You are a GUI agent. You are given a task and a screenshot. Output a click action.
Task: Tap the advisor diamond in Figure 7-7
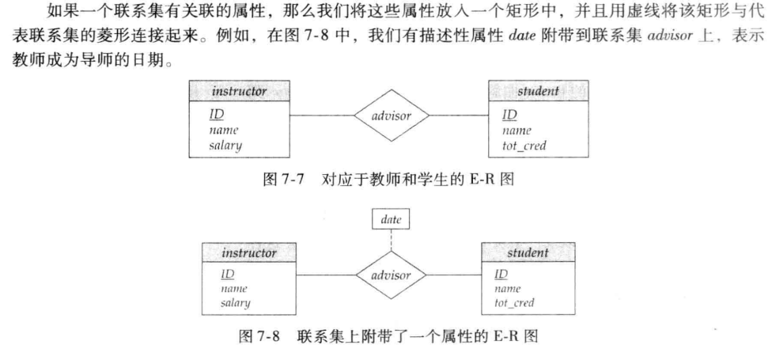(x=391, y=116)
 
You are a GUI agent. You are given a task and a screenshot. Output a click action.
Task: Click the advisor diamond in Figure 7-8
(x=391, y=275)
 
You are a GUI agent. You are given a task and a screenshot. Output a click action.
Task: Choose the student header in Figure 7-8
(x=528, y=253)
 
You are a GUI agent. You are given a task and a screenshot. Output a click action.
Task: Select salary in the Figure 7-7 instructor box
(x=225, y=145)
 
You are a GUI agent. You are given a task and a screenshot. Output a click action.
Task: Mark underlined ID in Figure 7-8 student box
(x=501, y=274)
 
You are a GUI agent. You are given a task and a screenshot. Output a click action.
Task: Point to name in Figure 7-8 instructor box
(x=234, y=289)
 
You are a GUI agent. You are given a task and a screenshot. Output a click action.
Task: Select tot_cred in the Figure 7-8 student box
(x=514, y=302)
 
